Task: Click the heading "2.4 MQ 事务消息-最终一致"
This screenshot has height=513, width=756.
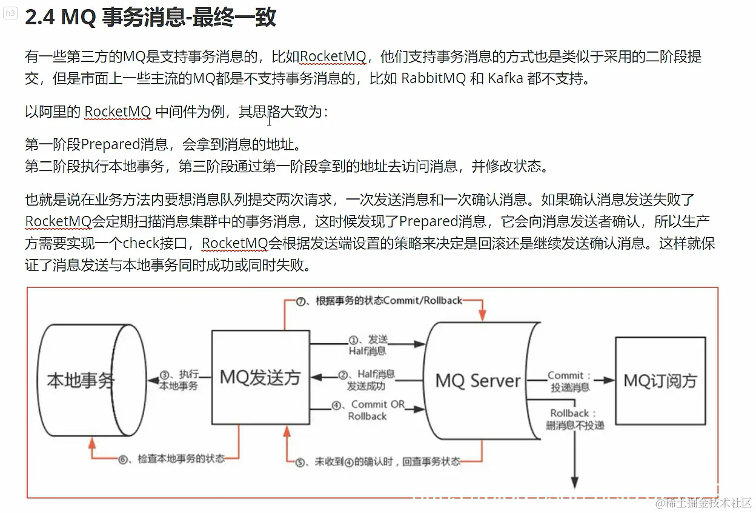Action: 150,18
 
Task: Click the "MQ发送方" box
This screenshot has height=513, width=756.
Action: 260,377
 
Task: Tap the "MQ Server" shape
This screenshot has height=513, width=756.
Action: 478,380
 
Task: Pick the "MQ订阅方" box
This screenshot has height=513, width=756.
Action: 660,380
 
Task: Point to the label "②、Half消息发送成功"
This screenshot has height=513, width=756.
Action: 367,380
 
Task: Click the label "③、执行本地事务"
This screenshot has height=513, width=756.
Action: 179,380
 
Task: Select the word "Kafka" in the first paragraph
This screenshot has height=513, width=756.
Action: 505,79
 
